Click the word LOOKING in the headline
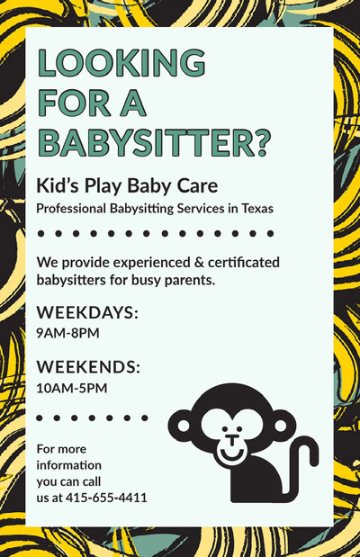[121, 64]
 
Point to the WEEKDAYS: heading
[87, 313]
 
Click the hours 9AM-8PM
[67, 334]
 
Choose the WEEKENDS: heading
[88, 367]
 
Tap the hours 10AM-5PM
[71, 388]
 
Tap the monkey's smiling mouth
[233, 454]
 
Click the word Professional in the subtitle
[74, 209]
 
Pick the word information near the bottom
[68, 465]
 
